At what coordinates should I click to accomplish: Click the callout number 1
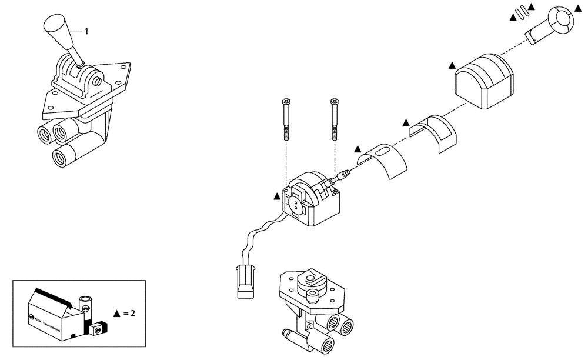[x=86, y=32]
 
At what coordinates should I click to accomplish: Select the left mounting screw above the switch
[x=286, y=118]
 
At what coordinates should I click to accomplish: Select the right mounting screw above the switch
[x=335, y=118]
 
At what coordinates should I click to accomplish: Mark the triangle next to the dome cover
[x=452, y=65]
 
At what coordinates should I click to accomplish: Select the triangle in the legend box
[x=116, y=314]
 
